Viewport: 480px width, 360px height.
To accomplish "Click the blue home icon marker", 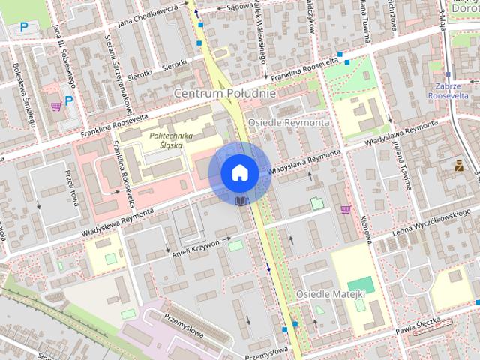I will pyautogui.click(x=239, y=172).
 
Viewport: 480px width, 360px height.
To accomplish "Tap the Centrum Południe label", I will pyautogui.click(x=225, y=93).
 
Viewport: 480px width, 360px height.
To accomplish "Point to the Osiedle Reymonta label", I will pyautogui.click(x=289, y=121).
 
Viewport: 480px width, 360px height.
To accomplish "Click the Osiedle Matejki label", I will pyautogui.click(x=331, y=293).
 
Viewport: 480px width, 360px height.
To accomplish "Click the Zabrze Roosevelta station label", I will pyautogui.click(x=448, y=91).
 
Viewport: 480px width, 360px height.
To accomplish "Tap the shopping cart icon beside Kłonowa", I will pyautogui.click(x=346, y=209).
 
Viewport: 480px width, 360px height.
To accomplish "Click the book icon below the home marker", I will pyautogui.click(x=239, y=201).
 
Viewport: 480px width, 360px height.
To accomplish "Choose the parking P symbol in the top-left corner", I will pyautogui.click(x=24, y=28).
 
